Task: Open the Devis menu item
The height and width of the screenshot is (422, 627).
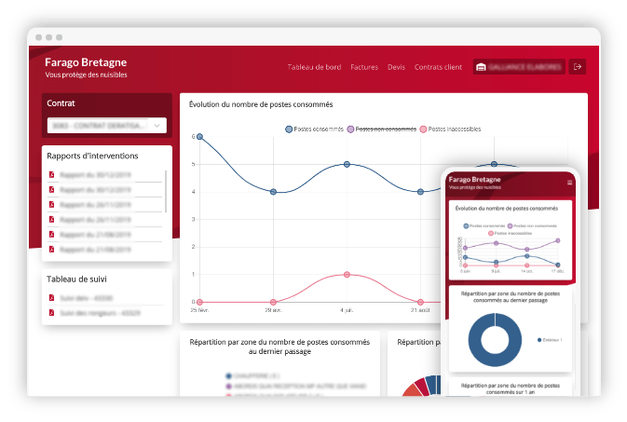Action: [x=396, y=67]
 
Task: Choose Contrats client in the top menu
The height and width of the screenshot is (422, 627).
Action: [x=438, y=67]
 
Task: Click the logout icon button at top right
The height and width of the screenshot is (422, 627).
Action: [x=579, y=67]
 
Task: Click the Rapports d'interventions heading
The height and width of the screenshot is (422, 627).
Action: [x=92, y=156]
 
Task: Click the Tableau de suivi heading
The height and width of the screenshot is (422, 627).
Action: [x=80, y=278]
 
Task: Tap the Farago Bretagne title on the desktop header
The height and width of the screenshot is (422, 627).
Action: [x=87, y=61]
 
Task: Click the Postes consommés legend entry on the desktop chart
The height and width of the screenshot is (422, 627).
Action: [x=314, y=129]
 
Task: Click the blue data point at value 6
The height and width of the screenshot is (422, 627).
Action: [x=199, y=137]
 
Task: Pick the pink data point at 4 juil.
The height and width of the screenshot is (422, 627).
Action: [x=347, y=275]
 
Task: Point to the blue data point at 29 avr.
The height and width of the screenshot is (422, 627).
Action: [x=273, y=192]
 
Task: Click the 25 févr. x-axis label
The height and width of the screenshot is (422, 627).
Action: [x=199, y=309]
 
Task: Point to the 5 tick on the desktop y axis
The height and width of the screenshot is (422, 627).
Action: [x=193, y=164]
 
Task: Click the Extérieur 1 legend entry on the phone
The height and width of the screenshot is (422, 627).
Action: [x=553, y=339]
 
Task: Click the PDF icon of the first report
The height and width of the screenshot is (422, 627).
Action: [x=51, y=174]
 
